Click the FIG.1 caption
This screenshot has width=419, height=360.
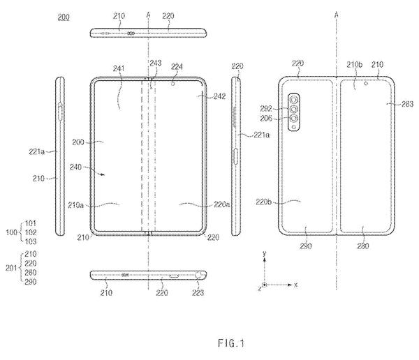pos(231,343)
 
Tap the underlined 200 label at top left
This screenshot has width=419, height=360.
pos(64,17)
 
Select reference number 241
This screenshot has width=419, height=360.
pos(119,68)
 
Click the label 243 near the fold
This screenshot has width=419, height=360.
pos(156,63)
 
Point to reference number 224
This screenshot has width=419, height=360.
pos(177,67)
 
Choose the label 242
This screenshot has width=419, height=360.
pos(219,96)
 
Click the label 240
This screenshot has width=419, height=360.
pos(75,167)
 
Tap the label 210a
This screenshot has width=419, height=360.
pos(75,205)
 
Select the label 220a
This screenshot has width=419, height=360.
pos(222,204)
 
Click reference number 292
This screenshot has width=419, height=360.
pos(266,108)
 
